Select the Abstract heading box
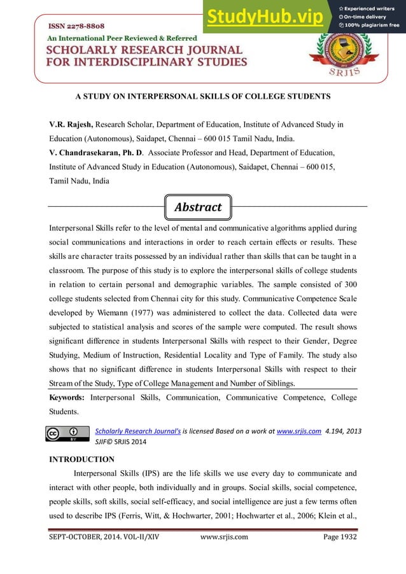[197, 207]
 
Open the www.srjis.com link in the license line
[299, 431]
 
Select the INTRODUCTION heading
[81, 459]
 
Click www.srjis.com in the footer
[224, 537]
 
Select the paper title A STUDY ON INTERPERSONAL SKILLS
[203, 96]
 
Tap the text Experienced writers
[372, 7]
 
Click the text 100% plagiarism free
[372, 25]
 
